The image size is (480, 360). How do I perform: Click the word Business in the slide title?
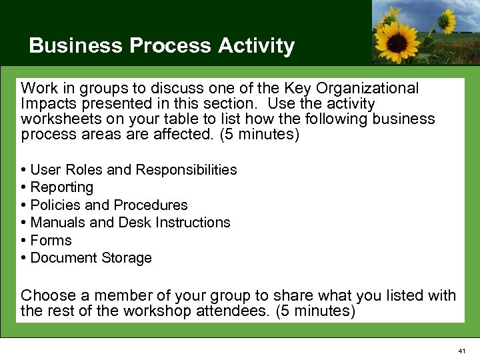click(77, 46)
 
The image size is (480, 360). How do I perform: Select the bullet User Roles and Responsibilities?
click(133, 170)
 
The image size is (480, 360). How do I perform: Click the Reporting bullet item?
click(61, 187)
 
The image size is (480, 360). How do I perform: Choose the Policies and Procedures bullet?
click(109, 205)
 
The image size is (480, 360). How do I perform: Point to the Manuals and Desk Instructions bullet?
click(130, 222)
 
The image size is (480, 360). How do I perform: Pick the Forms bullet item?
click(51, 240)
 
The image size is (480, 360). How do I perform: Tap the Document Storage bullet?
click(91, 257)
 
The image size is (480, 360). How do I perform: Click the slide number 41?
click(463, 351)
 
